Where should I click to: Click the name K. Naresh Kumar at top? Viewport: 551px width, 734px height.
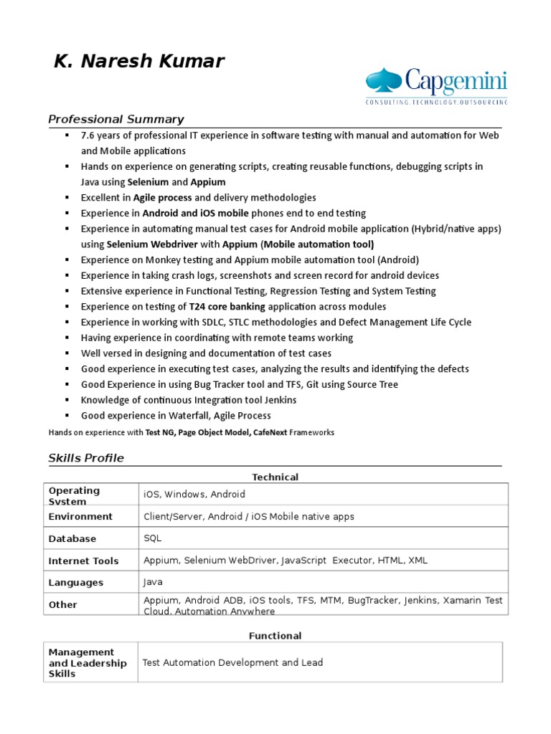(138, 62)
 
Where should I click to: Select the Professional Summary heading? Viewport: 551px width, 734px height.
(116, 119)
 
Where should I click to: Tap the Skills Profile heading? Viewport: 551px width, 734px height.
(85, 458)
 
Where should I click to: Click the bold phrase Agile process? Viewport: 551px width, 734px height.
(161, 197)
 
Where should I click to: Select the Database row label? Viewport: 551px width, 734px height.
(72, 538)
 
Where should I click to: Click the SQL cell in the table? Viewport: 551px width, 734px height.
(152, 538)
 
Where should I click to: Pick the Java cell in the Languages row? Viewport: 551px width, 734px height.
(154, 583)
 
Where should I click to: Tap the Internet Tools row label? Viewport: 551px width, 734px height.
(83, 561)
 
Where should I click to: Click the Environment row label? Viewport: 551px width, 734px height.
(80, 516)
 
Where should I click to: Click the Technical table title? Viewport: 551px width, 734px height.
(275, 477)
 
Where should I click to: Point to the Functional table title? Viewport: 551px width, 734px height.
(275, 636)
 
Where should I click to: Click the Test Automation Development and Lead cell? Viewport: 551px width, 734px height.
(232, 662)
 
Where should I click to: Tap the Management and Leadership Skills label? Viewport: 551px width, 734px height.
(87, 663)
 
